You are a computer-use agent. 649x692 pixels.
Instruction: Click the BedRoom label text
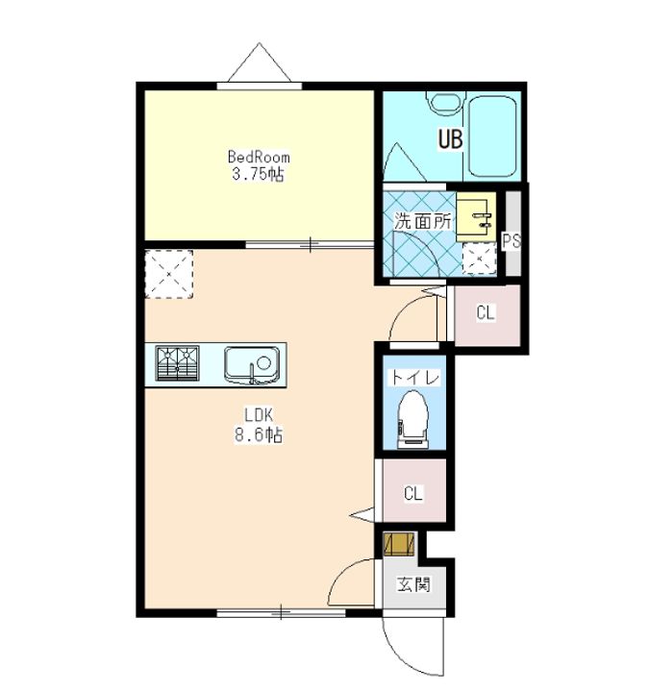tap(259, 157)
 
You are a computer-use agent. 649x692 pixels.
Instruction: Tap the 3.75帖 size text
tap(258, 174)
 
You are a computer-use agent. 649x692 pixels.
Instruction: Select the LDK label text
tap(259, 415)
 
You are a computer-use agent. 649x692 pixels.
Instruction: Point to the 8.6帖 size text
tap(259, 435)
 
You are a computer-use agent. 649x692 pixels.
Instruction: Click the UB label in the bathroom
tap(450, 139)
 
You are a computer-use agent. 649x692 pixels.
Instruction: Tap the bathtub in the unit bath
tap(492, 136)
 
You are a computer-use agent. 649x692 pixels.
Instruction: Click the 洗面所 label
tap(422, 221)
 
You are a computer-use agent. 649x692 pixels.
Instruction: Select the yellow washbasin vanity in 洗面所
tap(476, 216)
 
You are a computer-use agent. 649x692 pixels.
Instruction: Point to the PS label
tap(512, 240)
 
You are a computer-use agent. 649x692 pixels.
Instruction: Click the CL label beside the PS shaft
tap(486, 313)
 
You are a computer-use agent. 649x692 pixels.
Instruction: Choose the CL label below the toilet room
tap(413, 493)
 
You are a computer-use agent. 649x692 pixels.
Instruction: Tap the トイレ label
tap(413, 378)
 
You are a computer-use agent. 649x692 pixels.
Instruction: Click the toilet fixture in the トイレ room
tap(413, 419)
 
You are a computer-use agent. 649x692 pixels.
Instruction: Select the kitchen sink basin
tap(252, 365)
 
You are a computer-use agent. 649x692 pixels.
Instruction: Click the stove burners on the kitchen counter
tap(178, 363)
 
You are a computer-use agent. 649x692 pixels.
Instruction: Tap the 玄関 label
tap(413, 584)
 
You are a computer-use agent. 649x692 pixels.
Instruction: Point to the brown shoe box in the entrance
tap(400, 544)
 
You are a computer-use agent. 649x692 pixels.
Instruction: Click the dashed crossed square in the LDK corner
tap(169, 274)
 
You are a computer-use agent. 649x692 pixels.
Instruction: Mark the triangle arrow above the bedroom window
tap(260, 62)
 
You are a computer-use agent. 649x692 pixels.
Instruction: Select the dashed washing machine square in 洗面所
tap(479, 259)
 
